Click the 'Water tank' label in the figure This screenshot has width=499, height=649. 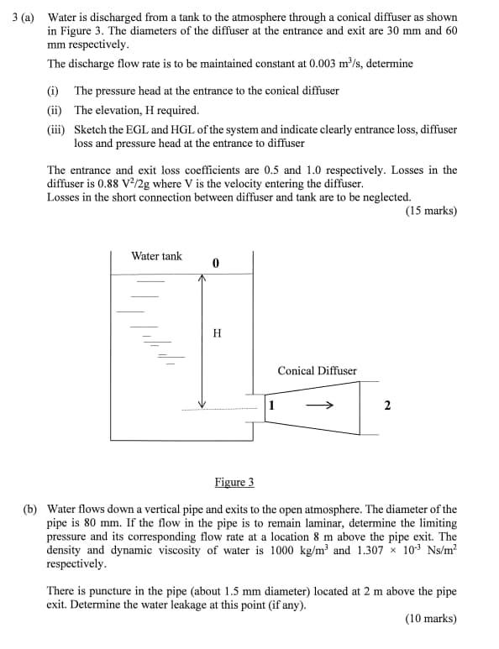(x=156, y=256)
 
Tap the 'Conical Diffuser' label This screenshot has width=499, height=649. (x=317, y=370)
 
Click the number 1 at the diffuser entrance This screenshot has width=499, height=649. (x=271, y=406)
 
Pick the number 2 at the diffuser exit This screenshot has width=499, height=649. (x=386, y=406)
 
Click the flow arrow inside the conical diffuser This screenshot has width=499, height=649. (x=321, y=406)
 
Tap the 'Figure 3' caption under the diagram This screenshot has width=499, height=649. (x=234, y=482)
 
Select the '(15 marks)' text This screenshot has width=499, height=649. (x=430, y=211)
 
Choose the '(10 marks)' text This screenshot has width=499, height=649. (x=430, y=619)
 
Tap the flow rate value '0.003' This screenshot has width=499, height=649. (x=326, y=64)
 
